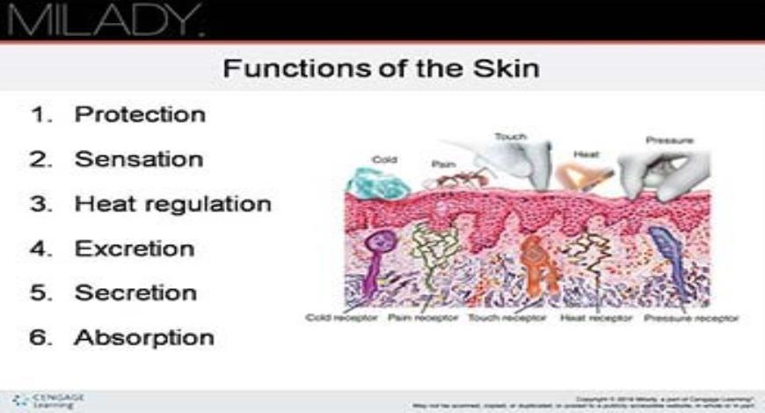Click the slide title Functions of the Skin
click(381, 68)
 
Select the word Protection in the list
click(140, 114)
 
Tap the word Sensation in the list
click(139, 159)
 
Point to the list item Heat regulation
click(172, 204)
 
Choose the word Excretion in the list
click(134, 249)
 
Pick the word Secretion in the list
click(135, 293)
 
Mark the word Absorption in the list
click(144, 337)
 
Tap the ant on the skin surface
click(448, 179)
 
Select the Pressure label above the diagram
click(670, 140)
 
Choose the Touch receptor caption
click(506, 317)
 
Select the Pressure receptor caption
click(691, 317)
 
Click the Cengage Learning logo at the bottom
click(50, 400)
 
